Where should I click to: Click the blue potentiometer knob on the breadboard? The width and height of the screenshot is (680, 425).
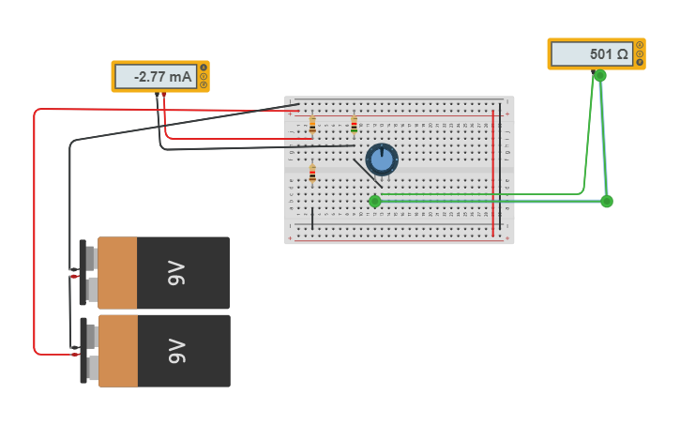[382, 159]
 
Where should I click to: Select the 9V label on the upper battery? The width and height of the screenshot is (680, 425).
[176, 273]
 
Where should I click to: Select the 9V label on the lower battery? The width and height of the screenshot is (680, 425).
[176, 351]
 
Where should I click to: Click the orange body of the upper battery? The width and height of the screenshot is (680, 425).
[117, 273]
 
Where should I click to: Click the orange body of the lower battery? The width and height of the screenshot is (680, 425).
[117, 351]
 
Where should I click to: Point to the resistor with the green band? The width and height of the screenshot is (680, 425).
[354, 126]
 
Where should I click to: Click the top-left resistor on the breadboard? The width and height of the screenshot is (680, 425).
[312, 125]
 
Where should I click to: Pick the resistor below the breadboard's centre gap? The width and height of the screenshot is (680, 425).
[312, 175]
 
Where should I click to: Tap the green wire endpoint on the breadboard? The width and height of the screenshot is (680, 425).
[375, 201]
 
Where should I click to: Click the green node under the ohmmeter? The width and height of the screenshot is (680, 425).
[600, 76]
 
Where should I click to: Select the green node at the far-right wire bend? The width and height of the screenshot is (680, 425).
[607, 202]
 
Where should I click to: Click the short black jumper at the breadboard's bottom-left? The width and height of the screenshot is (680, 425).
[312, 219]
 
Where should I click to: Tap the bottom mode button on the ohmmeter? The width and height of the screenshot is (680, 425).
[640, 62]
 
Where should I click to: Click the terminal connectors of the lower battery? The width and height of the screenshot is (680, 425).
[89, 351]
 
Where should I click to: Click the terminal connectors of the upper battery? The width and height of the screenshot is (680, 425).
[89, 273]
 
